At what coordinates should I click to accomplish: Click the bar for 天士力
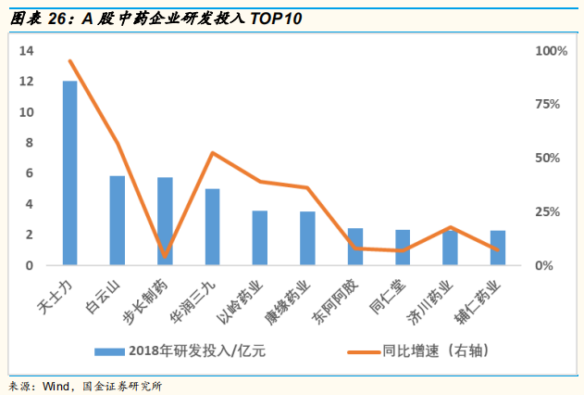pyautogui.click(x=69, y=173)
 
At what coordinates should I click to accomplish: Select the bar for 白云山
pyautogui.click(x=118, y=221)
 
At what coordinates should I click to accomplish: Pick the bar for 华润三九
pyautogui.click(x=212, y=227)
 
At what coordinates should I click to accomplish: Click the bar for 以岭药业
pyautogui.click(x=260, y=238)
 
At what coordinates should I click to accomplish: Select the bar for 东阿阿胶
pyautogui.click(x=355, y=247)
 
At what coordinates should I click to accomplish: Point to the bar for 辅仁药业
pyautogui.click(x=498, y=248)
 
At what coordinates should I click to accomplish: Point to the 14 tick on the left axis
pyautogui.click(x=27, y=51)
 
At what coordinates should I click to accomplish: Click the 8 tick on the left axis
pyautogui.click(x=30, y=143)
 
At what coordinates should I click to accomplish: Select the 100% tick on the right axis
pyautogui.click(x=552, y=51)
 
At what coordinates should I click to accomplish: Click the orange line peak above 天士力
pyautogui.click(x=70, y=61)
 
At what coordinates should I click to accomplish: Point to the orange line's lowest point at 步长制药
pyautogui.click(x=165, y=255)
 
